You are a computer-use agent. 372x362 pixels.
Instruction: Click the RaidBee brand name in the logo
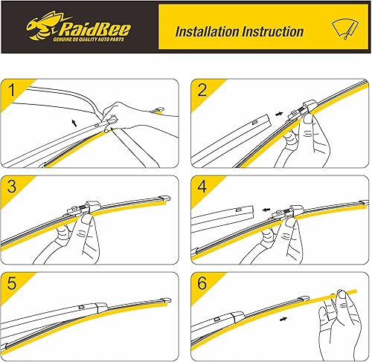point(94,29)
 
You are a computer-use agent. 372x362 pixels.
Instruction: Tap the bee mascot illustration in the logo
point(42,25)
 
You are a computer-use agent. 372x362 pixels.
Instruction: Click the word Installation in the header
point(208,32)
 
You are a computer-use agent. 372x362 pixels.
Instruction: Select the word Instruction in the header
point(273,32)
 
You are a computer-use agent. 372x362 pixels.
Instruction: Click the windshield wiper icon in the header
point(345,29)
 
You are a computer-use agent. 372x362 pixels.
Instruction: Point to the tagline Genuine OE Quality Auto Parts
point(89,39)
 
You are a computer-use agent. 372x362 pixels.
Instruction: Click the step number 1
point(12,90)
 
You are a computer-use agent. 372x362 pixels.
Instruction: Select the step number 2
point(202,90)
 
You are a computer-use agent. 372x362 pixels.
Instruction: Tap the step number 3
point(12,187)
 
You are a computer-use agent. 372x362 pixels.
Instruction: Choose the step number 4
point(202,187)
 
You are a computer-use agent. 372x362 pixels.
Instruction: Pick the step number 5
point(12,283)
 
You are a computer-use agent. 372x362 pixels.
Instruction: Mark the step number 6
point(202,283)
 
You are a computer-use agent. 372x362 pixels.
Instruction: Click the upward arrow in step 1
point(74,123)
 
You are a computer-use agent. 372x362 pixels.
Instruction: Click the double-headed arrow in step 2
point(279,114)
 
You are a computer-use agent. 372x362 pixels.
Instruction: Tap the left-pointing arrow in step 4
point(266,210)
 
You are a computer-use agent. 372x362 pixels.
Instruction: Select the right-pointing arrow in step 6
point(283,319)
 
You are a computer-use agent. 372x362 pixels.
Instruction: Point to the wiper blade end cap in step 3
point(164,198)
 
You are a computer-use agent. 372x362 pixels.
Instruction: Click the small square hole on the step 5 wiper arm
point(81,307)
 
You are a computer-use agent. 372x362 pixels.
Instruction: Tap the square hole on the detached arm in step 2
point(254,122)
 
